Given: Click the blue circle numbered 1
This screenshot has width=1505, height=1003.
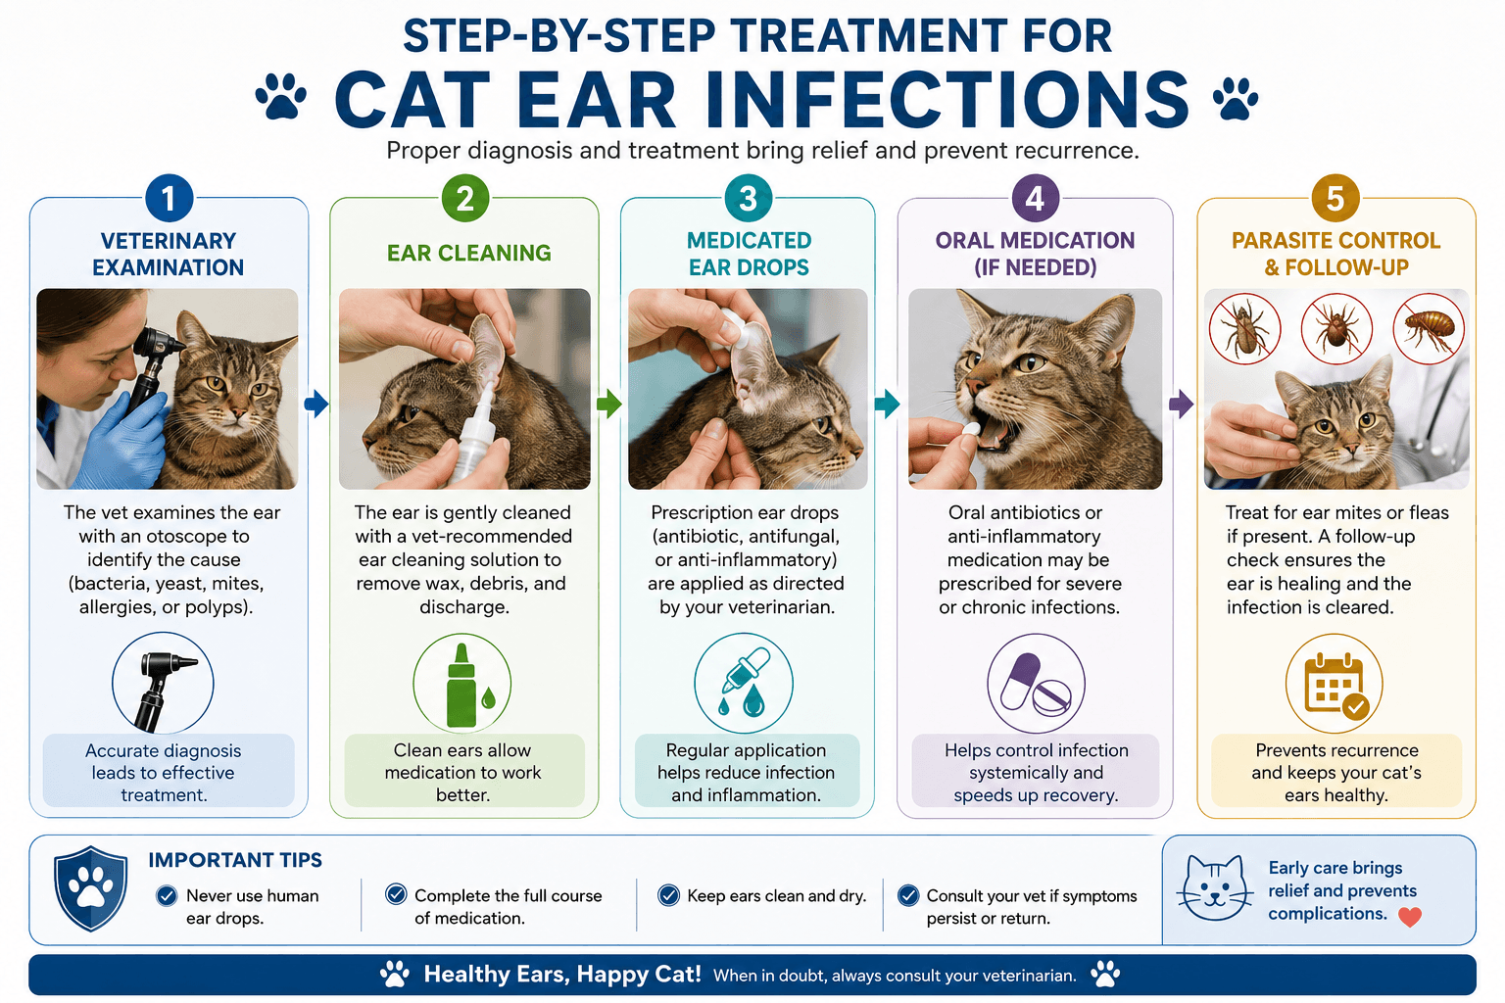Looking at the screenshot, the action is click(170, 198).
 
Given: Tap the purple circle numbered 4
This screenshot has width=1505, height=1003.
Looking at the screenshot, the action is click(1036, 198).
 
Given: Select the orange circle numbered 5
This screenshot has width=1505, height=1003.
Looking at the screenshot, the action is click(1335, 198).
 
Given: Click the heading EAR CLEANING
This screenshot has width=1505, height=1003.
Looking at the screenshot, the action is click(469, 254).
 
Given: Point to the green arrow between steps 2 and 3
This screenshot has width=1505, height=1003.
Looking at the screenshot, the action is click(608, 404).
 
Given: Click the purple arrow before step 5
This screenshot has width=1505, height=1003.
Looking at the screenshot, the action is click(1181, 404).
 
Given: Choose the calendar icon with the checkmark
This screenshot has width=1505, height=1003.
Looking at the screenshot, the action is click(1335, 685).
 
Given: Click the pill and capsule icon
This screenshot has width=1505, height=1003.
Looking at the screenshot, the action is click(1036, 684).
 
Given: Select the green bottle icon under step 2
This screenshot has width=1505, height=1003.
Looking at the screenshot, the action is click(469, 686).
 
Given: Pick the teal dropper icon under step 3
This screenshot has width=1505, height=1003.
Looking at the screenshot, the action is click(744, 683).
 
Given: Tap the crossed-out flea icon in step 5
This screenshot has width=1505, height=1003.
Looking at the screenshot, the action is click(1429, 329).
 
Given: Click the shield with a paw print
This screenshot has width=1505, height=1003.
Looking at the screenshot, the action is click(91, 888).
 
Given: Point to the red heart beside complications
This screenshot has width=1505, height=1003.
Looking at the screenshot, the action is click(1410, 917).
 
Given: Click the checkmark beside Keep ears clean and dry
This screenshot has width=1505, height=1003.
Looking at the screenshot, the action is click(668, 895).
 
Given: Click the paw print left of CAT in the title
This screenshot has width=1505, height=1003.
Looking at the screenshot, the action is click(281, 97).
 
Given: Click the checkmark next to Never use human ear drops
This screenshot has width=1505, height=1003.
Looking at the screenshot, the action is click(167, 895).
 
